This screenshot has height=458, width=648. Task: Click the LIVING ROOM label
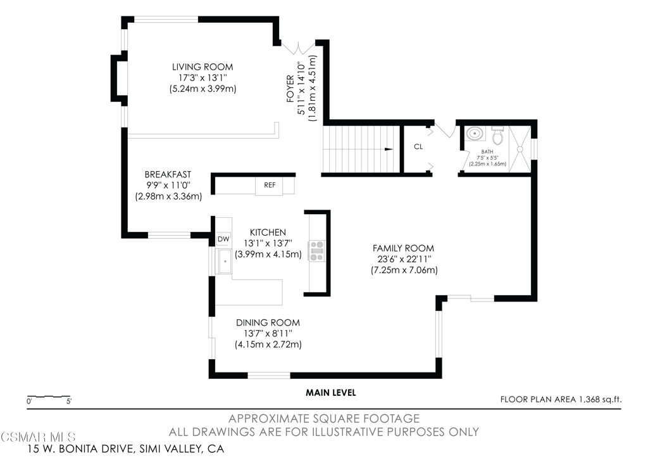(202, 67)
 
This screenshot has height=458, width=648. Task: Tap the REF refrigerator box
(270, 186)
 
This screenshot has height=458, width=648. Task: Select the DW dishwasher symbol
(223, 239)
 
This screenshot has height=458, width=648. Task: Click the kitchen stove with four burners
(317, 251)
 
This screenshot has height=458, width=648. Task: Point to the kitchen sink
(225, 262)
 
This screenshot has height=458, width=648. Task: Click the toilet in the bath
(497, 135)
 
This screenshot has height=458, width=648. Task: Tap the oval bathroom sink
(475, 134)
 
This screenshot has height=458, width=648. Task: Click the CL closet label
(418, 147)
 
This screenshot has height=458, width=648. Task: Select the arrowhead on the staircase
(389, 149)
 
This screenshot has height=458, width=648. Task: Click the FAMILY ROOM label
(403, 248)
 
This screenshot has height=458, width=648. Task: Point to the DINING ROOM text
(268, 322)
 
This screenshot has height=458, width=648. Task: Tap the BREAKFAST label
(168, 175)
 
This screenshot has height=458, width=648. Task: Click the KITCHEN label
(268, 232)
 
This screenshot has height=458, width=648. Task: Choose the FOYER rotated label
(290, 89)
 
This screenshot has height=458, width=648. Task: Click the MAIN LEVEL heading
(330, 393)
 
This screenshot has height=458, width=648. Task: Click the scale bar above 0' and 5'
(48, 397)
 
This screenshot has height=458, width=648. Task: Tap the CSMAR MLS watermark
(39, 436)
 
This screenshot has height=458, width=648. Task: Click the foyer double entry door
(298, 48)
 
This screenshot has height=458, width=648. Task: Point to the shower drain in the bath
(520, 149)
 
